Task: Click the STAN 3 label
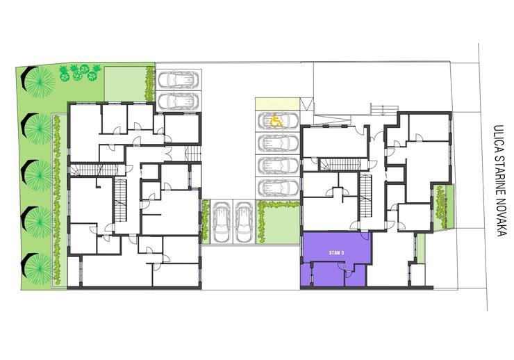coord(336,253)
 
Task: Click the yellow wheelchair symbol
coord(276,122)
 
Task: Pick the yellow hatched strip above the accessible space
coord(278,104)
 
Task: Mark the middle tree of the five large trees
coord(37,174)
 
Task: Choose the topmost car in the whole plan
coord(179,80)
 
